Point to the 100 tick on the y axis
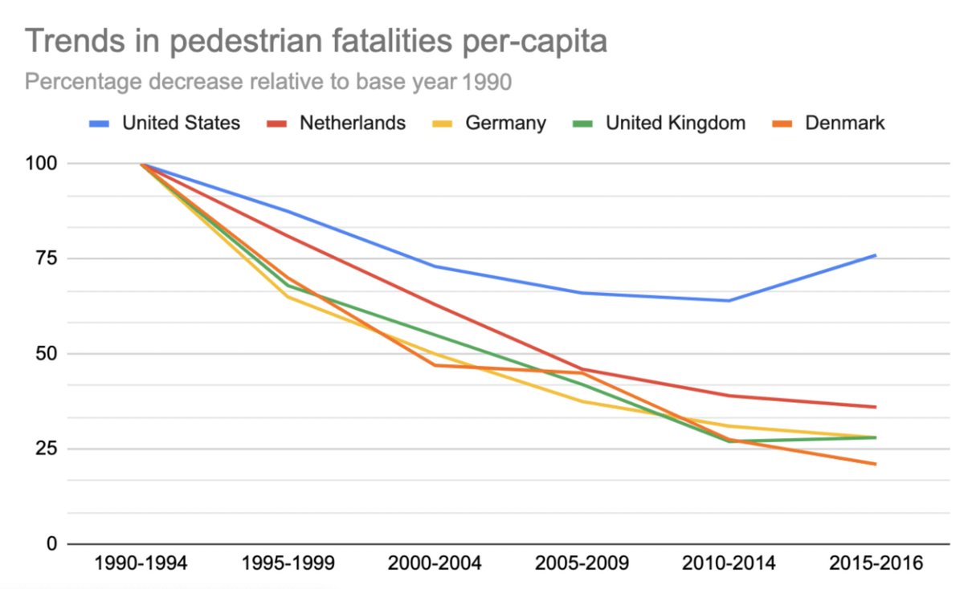[x=41, y=164]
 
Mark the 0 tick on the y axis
[x=51, y=544]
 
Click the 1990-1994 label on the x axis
[x=141, y=563]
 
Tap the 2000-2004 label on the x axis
[x=435, y=563]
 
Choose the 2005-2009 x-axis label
[x=582, y=563]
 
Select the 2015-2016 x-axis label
[x=876, y=563]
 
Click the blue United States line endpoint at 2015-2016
[x=876, y=255]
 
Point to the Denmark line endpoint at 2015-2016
[x=876, y=464]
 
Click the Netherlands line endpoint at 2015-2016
[x=876, y=407]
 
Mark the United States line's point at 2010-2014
[x=729, y=300]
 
